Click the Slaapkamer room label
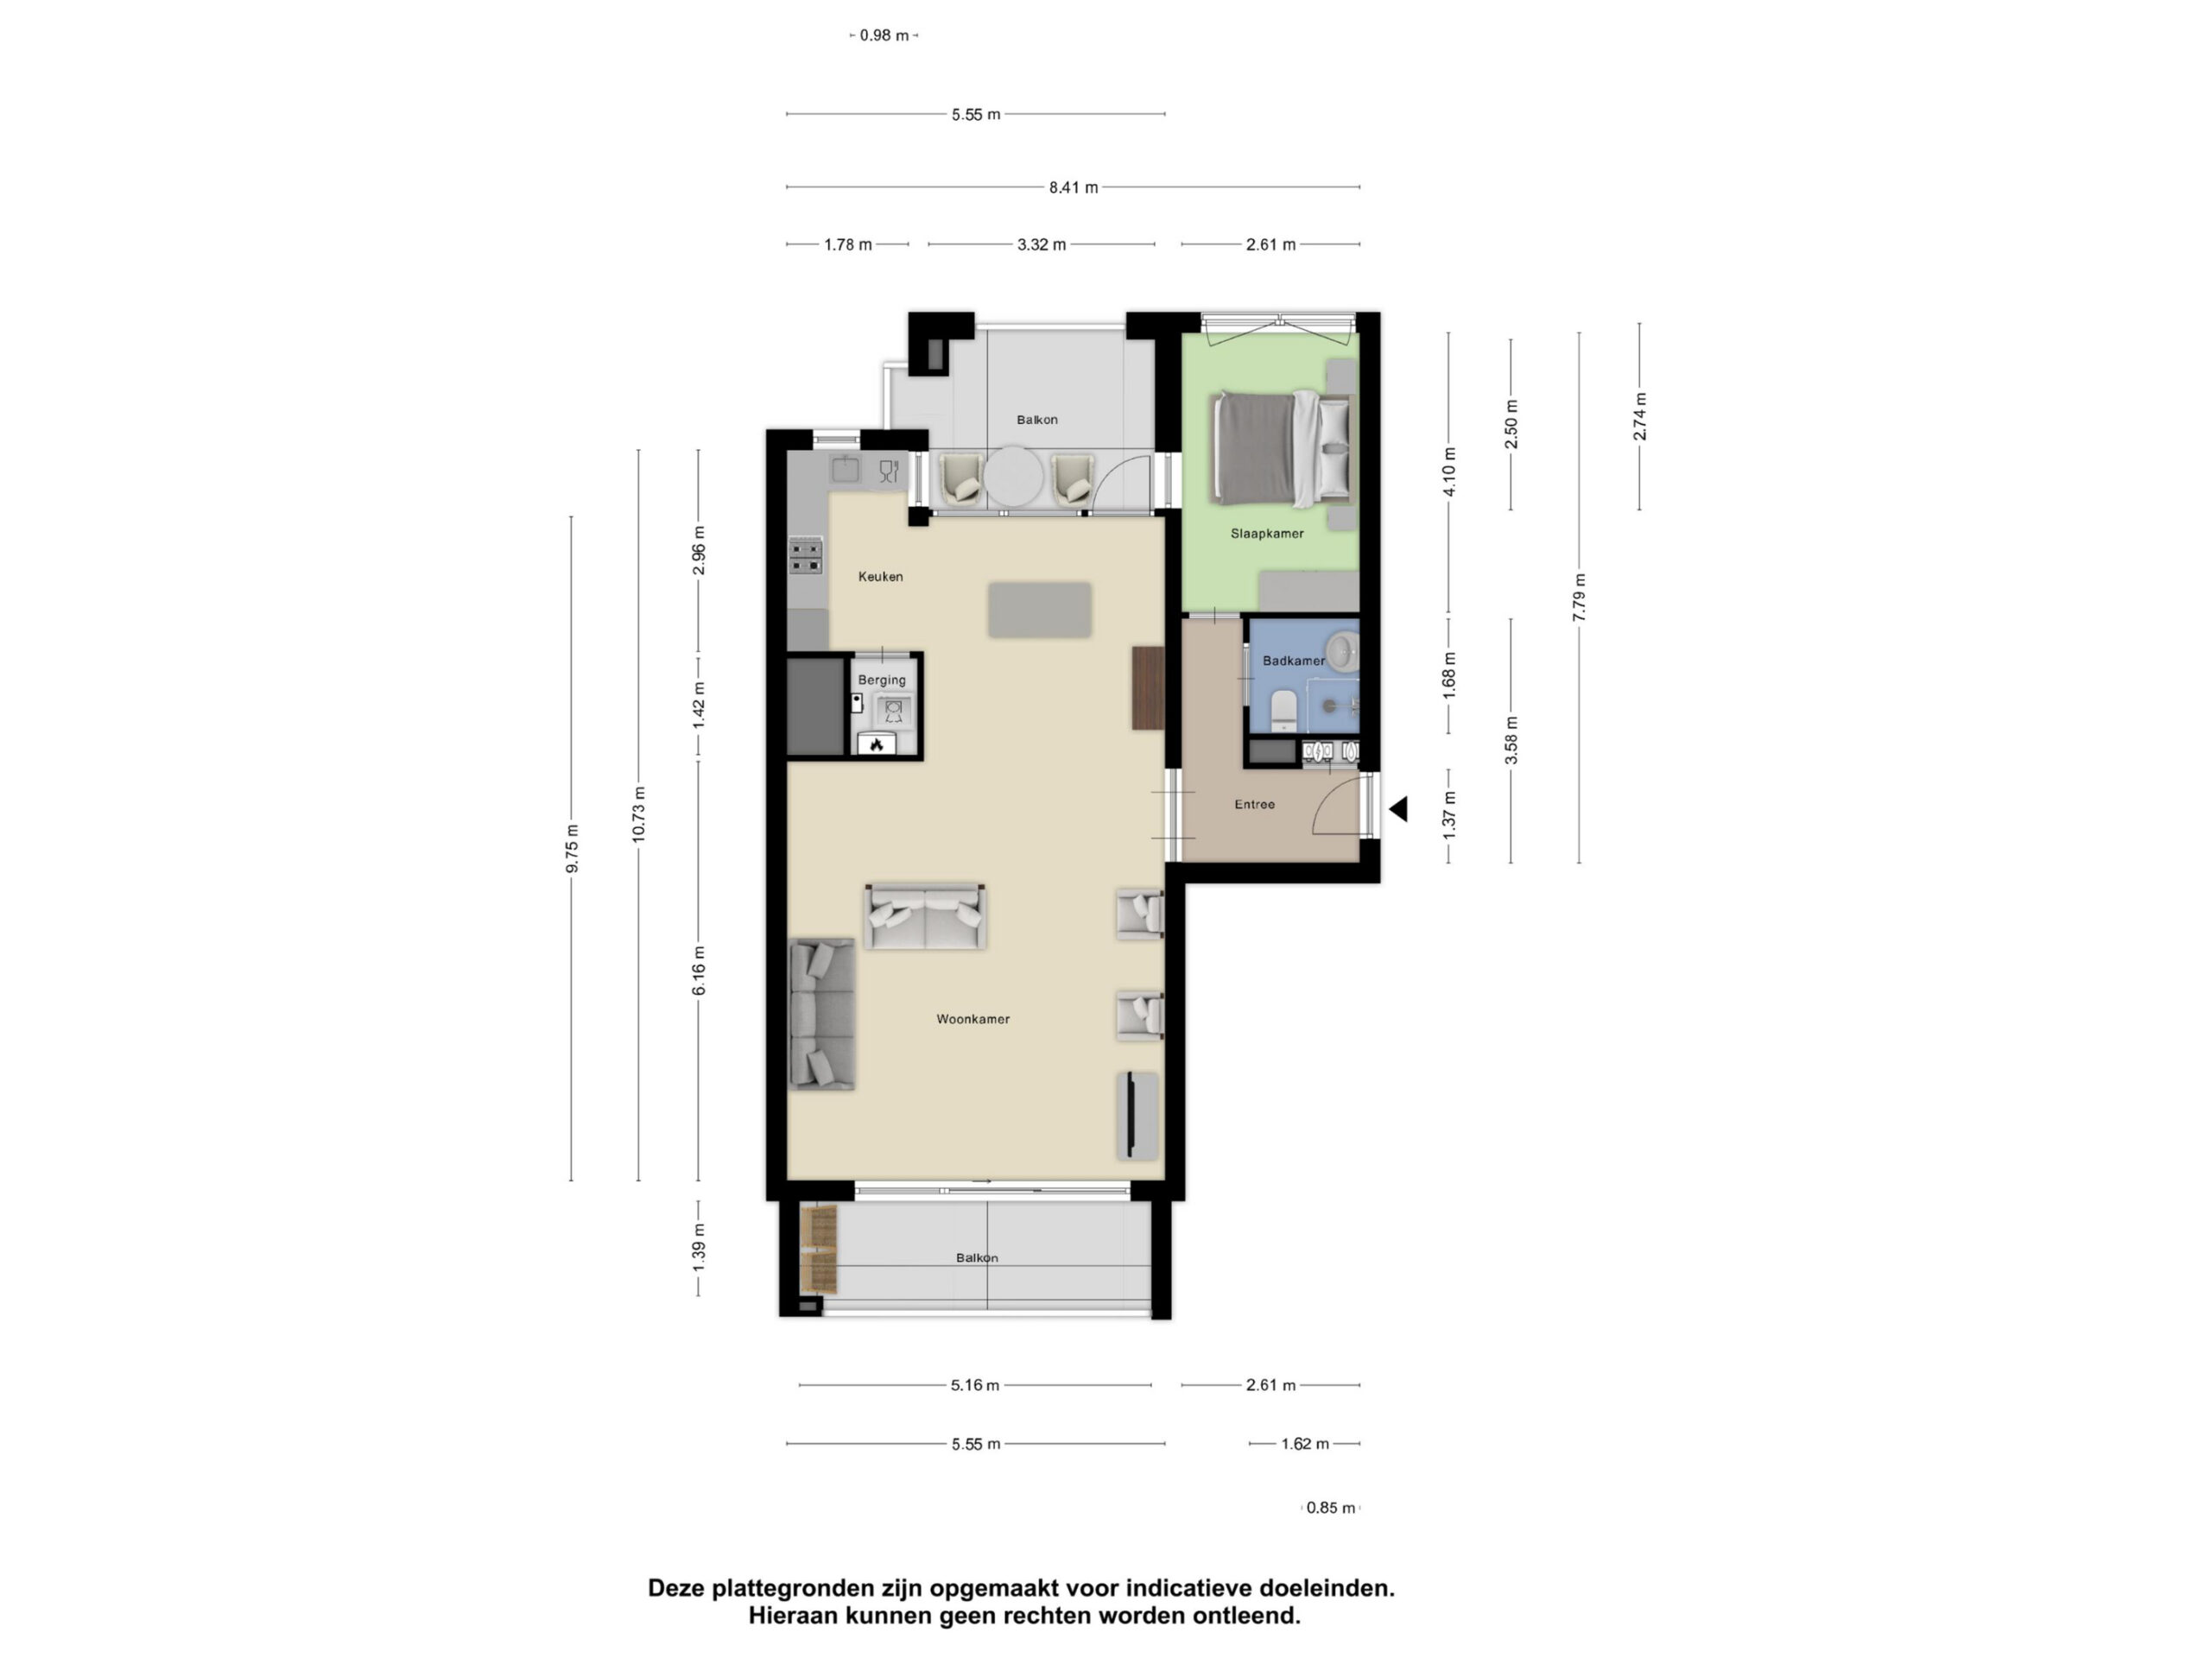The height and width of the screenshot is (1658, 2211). coord(1266,534)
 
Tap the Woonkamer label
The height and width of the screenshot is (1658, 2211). coord(972,1019)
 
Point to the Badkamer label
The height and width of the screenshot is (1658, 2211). coord(1294,661)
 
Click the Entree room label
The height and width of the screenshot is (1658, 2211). coord(1254,805)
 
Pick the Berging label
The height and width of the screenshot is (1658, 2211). coord(882,680)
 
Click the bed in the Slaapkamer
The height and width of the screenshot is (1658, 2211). coord(1282,449)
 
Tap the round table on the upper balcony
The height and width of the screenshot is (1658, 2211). coord(1014,477)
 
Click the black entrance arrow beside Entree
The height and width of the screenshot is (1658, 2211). coord(1399,808)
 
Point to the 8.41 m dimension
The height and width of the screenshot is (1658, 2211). coord(1074,187)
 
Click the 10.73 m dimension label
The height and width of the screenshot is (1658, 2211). coord(639,814)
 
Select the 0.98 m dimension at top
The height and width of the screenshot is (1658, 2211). coord(884,36)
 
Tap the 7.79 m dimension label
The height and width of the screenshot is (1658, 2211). coord(1580,598)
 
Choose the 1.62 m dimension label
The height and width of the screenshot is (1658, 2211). coord(1305,1444)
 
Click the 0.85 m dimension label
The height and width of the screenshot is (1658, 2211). coord(1330,1508)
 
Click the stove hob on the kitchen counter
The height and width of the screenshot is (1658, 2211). coord(806,557)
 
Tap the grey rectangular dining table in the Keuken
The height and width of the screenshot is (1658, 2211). coord(1040,610)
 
